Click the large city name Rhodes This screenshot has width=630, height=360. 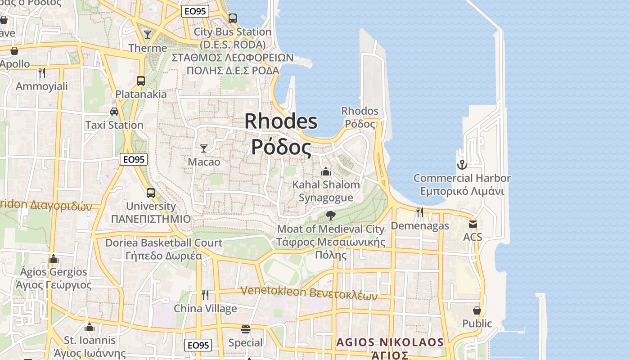[x=281, y=121]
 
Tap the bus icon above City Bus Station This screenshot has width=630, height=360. [x=232, y=18]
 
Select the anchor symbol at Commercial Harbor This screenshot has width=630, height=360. [x=462, y=165]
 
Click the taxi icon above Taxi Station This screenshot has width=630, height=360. [x=114, y=111]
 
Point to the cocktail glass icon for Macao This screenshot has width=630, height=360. [x=204, y=148]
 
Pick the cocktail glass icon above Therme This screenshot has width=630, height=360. [x=148, y=34]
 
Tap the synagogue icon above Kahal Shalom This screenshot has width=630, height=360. [x=326, y=171]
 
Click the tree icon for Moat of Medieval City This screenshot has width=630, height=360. [x=331, y=215]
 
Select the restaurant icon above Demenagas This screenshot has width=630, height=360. [x=419, y=212]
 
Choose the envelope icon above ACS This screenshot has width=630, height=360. [x=472, y=224]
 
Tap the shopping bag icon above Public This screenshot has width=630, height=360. [x=477, y=310]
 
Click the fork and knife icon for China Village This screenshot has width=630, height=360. [x=205, y=295]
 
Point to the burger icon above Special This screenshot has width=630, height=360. [x=245, y=329]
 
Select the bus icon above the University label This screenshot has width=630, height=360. [x=151, y=193]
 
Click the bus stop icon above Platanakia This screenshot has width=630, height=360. [x=141, y=81]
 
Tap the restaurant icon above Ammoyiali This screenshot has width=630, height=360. [x=42, y=72]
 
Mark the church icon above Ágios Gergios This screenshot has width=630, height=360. [x=54, y=259]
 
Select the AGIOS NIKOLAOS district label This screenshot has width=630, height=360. [x=390, y=342]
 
